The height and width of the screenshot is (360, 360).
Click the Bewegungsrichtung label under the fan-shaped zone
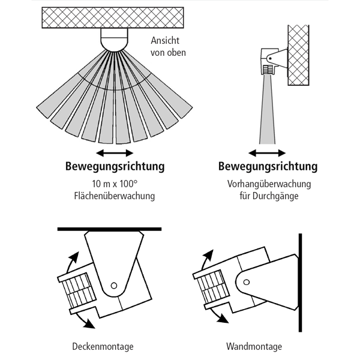[x=115, y=166]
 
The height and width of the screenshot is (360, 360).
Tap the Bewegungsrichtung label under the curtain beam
[x=268, y=166]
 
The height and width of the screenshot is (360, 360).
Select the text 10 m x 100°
[x=115, y=184]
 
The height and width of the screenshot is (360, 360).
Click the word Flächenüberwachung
[x=115, y=196]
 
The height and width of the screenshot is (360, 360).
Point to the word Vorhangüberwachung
[x=268, y=184]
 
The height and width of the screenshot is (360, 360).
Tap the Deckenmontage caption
[x=103, y=347]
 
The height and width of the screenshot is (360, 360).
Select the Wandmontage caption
[x=254, y=347]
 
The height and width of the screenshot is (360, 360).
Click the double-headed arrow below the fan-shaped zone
[x=115, y=152]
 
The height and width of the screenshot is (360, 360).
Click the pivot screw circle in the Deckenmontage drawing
[x=115, y=286]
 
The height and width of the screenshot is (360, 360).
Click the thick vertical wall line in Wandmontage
[x=300, y=282]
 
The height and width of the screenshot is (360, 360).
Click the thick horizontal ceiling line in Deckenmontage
[x=109, y=229]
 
